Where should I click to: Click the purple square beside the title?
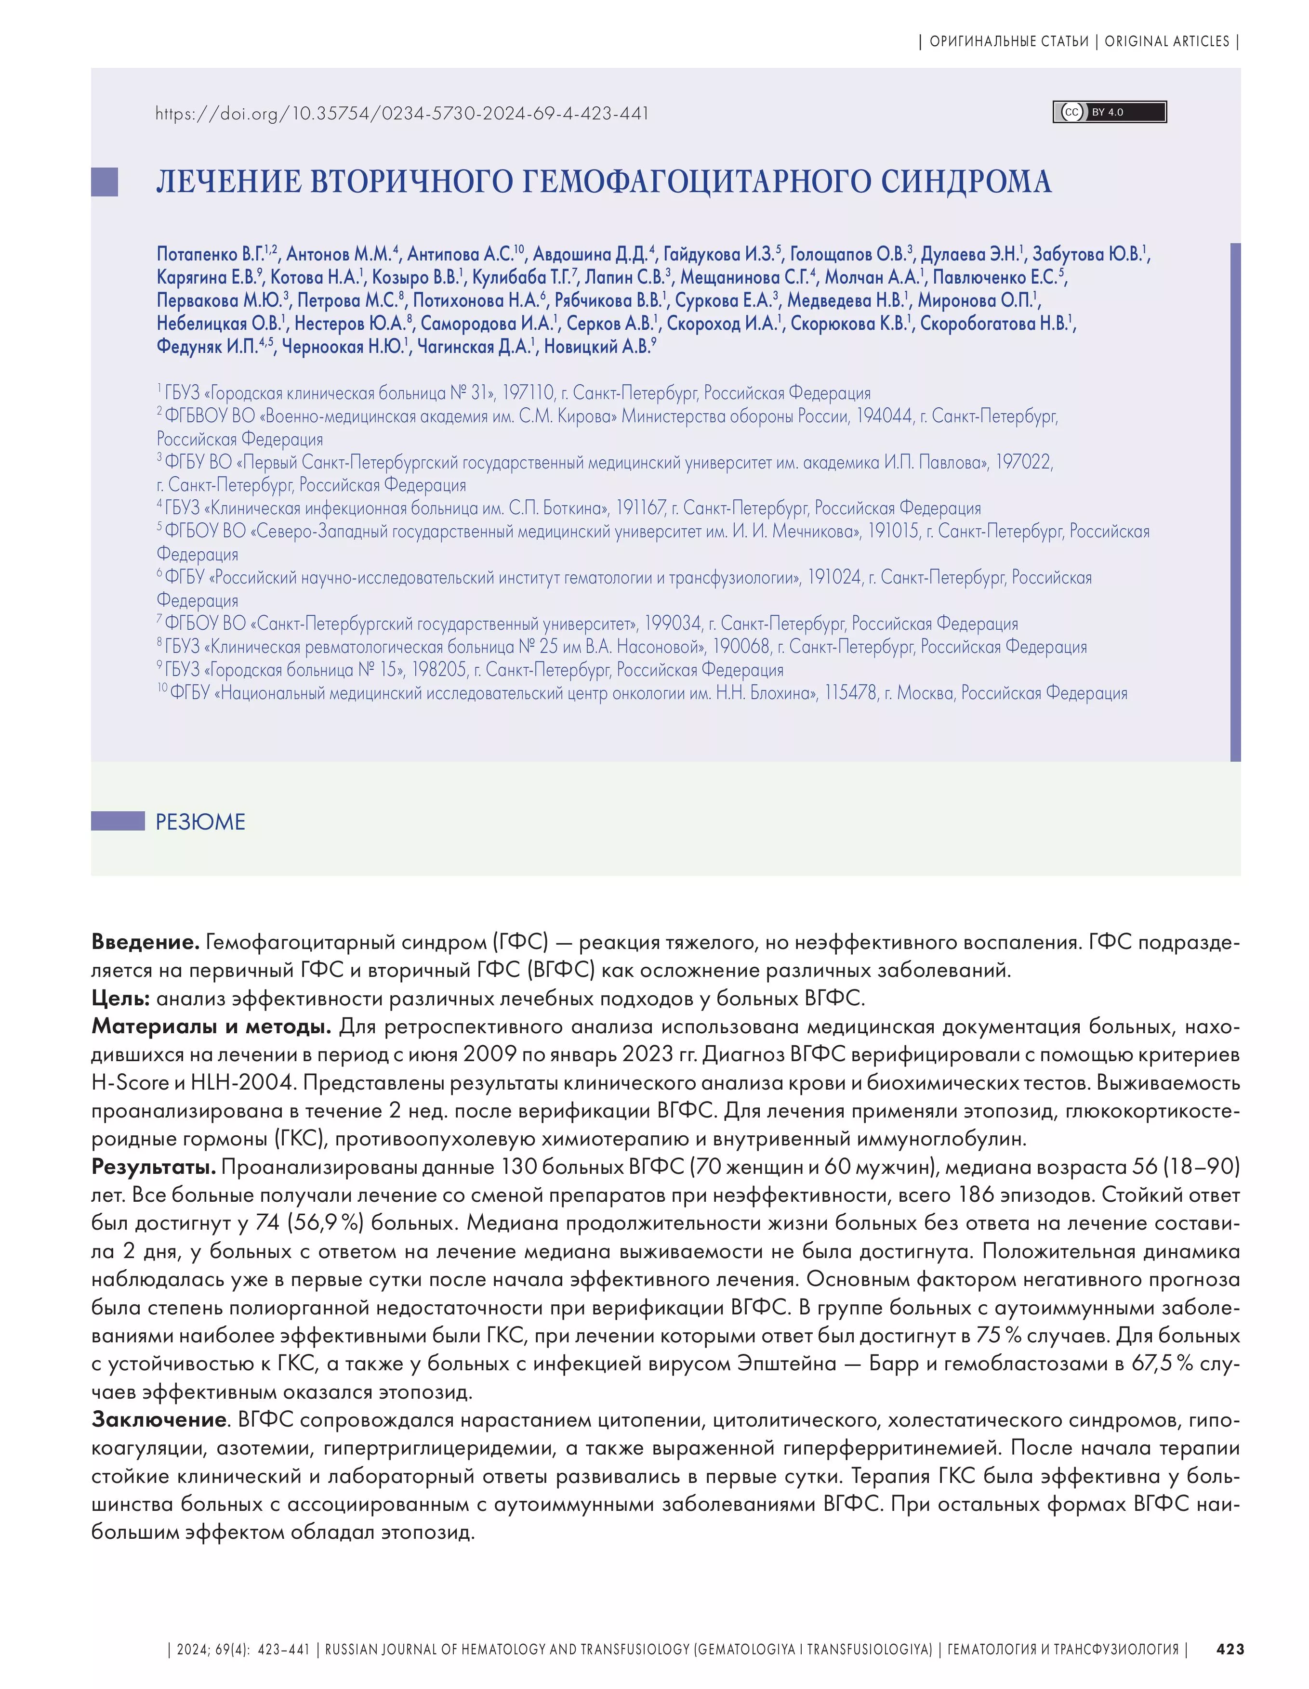pyautogui.click(x=105, y=182)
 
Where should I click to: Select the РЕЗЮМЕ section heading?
pyautogui.click(x=200, y=821)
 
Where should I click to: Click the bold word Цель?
pyautogui.click(x=121, y=999)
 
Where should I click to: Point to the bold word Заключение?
pyautogui.click(x=159, y=1420)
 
